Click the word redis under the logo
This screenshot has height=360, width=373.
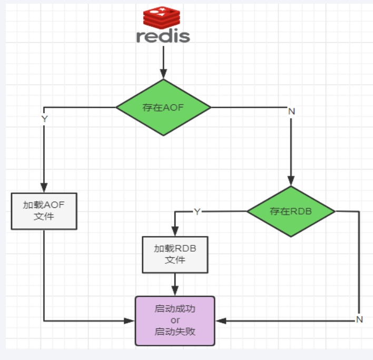(x=163, y=36)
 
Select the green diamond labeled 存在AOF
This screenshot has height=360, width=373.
(x=163, y=107)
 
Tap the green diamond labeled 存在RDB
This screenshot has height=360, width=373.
(x=291, y=212)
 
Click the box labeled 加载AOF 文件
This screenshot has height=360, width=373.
(x=44, y=211)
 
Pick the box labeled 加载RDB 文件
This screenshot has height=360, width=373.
(x=175, y=254)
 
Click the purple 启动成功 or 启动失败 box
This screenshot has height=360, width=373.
(x=175, y=321)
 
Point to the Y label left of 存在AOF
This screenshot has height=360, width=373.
(x=44, y=119)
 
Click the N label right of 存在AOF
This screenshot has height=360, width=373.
(x=291, y=112)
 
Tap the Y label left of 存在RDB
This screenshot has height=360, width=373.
(x=197, y=212)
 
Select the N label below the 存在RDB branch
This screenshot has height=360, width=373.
(x=359, y=319)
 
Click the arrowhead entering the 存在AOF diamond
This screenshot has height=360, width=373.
(x=163, y=74)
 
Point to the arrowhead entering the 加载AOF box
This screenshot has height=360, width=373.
(x=44, y=188)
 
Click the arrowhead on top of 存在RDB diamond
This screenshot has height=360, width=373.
(x=291, y=181)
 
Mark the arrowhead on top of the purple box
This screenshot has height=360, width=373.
(x=175, y=291)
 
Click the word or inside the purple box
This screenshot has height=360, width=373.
(x=175, y=321)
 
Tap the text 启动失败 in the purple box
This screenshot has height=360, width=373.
(x=175, y=332)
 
